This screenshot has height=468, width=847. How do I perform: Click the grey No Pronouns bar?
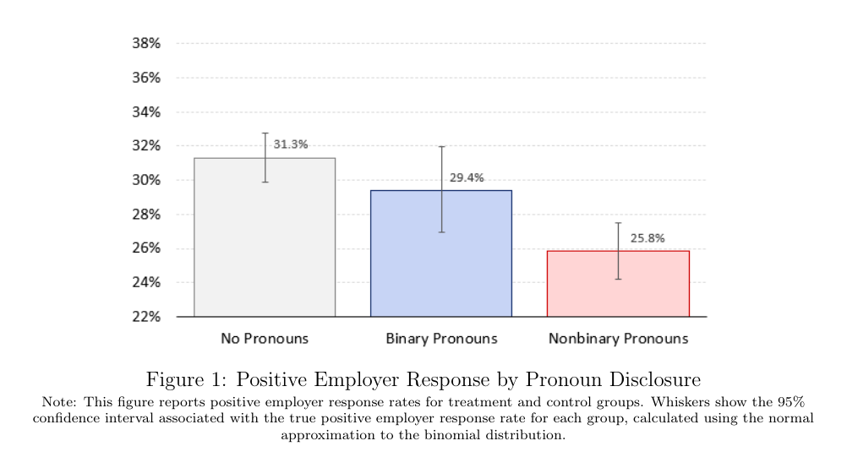pos(265,245)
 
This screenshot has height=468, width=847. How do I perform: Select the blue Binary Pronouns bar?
pos(440,262)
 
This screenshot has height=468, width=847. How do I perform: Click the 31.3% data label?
pos(291,144)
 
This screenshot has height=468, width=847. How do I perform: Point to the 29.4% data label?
pos(467,177)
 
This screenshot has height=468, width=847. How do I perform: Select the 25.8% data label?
pos(648,238)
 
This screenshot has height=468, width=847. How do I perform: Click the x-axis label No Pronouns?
pos(265,339)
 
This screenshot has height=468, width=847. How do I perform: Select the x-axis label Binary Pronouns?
pos(441,339)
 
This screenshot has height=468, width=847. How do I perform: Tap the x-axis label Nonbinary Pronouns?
pos(618,339)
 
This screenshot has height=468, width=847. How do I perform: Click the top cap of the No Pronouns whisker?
pos(265,133)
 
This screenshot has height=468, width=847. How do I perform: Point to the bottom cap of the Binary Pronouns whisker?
pos(441,232)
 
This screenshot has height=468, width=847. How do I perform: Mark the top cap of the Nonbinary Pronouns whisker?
pos(618,223)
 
